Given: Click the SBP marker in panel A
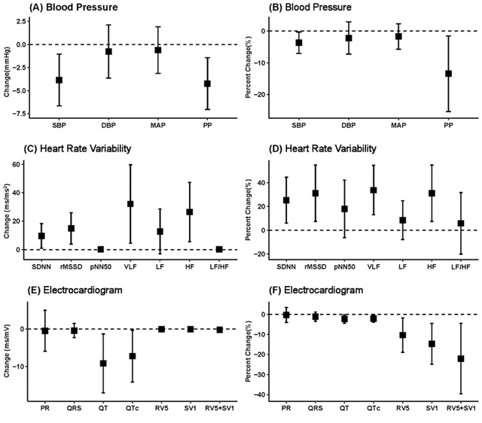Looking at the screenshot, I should [58, 80].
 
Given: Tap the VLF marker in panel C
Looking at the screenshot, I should [130, 204].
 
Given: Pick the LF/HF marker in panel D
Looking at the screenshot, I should [460, 224].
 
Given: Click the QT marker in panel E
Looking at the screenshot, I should [103, 364].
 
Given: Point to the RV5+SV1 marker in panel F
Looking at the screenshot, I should [460, 359].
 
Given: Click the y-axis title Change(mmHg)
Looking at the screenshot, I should [8, 70].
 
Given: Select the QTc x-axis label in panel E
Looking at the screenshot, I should [133, 409].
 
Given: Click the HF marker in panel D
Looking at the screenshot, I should [432, 193].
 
